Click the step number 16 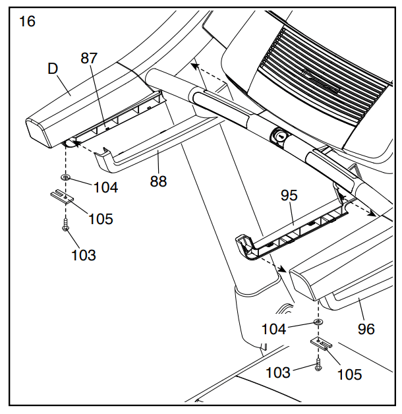pyautogui.click(x=27, y=21)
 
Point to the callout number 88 pyautogui.click(x=158, y=181)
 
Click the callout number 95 pyautogui.click(x=289, y=196)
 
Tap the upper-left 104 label pyautogui.click(x=105, y=187)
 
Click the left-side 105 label pyautogui.click(x=101, y=219)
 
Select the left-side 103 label pyautogui.click(x=83, y=254)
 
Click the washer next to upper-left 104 pyautogui.click(x=66, y=178)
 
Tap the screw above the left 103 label pyautogui.click(x=66, y=225)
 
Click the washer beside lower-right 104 pyautogui.click(x=318, y=321)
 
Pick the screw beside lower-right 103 pyautogui.click(x=318, y=363)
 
